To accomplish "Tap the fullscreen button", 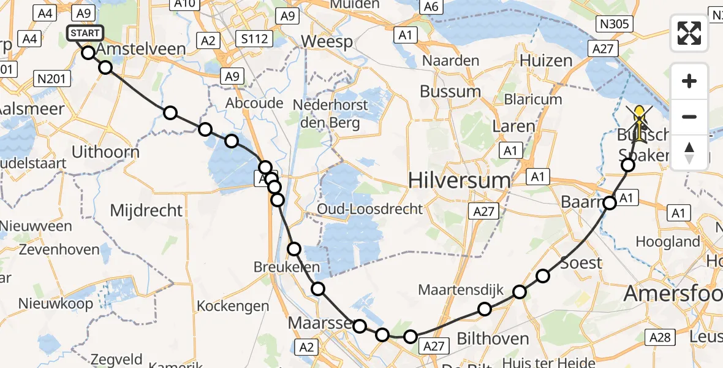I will coord(689,33).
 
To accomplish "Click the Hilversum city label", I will coord(459,180).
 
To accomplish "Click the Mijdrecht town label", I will coord(146,211).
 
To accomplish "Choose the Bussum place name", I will coord(450,92).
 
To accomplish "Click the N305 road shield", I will coord(614,23).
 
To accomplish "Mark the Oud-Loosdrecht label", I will coord(369,209).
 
